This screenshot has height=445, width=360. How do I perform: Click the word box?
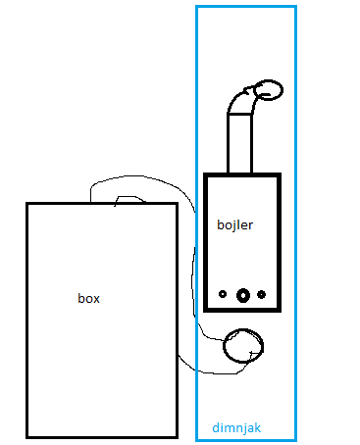(88, 298)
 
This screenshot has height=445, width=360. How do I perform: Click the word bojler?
(234, 224)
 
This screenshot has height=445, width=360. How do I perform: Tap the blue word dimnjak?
(236, 427)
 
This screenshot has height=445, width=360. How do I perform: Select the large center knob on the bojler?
(243, 295)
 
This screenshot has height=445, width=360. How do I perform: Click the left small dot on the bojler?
(223, 294)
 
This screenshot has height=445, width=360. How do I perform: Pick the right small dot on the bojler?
(261, 294)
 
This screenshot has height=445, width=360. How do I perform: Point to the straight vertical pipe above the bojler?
(239, 143)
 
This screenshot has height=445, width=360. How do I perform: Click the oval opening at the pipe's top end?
(269, 90)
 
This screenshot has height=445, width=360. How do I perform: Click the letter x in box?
(96, 300)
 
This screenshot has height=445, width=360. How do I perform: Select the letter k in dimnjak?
(257, 426)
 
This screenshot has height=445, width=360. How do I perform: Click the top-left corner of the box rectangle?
(27, 204)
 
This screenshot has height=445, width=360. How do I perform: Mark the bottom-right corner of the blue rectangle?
(295, 440)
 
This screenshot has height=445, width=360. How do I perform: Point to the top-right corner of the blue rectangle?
(295, 7)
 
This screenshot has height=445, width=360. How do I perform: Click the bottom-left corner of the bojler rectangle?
(206, 310)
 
